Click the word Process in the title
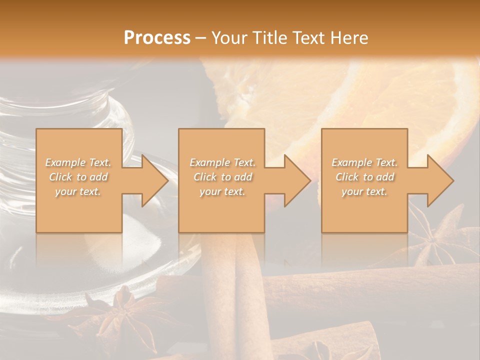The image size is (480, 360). click(x=157, y=37)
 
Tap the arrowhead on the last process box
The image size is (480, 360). click(x=439, y=180)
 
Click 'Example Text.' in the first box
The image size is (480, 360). click(x=78, y=162)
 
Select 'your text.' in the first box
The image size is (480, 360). click(x=78, y=191)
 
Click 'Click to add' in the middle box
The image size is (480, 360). click(x=222, y=177)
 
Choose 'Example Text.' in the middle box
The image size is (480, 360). click(x=222, y=162)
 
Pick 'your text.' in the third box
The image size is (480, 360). click(x=364, y=191)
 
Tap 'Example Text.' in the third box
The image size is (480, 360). click(x=364, y=162)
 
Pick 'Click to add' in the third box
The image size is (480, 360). click(x=364, y=177)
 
